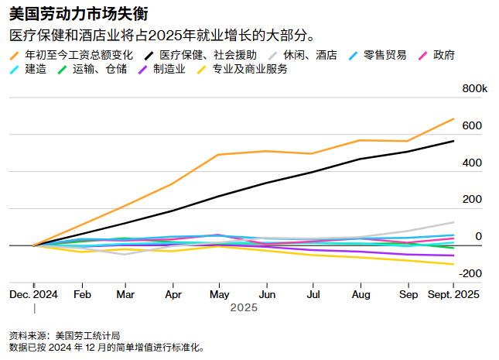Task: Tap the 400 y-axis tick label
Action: tap(473, 163)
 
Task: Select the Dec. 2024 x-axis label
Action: tap(33, 294)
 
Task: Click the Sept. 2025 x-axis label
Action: tap(454, 294)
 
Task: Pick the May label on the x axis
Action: tap(220, 294)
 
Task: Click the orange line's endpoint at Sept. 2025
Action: tap(454, 118)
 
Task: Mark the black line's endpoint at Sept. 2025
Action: tap(454, 141)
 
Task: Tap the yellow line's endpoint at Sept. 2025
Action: tap(454, 264)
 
